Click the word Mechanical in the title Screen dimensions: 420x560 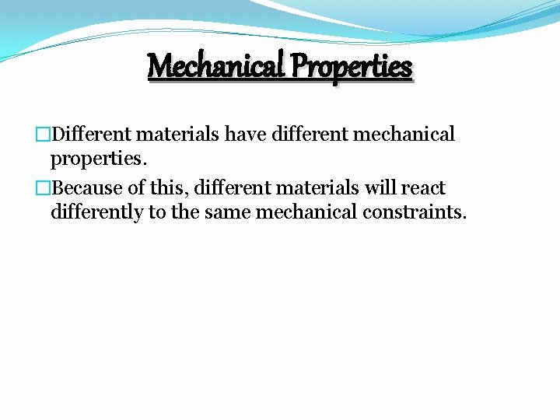pos(215,66)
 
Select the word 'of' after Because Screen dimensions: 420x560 pos(138,188)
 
